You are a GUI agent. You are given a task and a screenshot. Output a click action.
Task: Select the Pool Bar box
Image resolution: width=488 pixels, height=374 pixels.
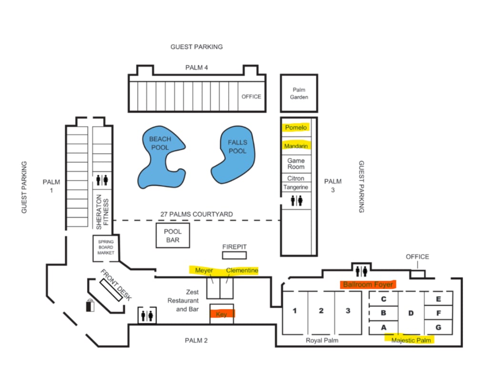[173, 235]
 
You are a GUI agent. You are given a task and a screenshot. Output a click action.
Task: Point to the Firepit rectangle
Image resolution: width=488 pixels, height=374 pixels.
[234, 255]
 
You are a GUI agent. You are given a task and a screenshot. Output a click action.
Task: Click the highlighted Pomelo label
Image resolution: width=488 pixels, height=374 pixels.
[296, 127]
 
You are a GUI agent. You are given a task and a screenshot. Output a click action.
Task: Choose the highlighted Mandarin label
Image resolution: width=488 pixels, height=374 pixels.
[296, 146]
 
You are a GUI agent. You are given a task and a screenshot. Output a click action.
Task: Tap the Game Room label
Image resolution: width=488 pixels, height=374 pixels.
[296, 164]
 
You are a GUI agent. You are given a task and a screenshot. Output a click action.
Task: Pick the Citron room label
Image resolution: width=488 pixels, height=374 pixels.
[296, 178]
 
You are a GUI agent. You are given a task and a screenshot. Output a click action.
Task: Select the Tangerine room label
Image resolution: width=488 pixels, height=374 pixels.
[296, 187]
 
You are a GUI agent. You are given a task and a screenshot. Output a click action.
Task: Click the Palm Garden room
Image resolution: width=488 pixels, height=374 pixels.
[299, 93]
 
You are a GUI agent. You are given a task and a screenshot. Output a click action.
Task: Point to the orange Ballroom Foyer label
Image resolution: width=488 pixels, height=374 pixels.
[368, 284]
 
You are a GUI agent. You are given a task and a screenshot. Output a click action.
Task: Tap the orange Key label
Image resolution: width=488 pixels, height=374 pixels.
[222, 314]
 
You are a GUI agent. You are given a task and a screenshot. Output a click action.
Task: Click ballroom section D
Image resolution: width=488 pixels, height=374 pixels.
[410, 313]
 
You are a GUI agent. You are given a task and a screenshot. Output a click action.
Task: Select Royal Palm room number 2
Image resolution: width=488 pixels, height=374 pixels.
[321, 311]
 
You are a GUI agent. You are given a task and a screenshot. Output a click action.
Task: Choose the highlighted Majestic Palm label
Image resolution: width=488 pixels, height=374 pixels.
[411, 340]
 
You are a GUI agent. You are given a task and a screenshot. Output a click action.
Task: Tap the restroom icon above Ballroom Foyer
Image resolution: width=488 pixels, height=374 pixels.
[361, 270]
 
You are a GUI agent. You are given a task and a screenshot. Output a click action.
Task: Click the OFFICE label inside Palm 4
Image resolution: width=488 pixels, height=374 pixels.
[251, 96]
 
